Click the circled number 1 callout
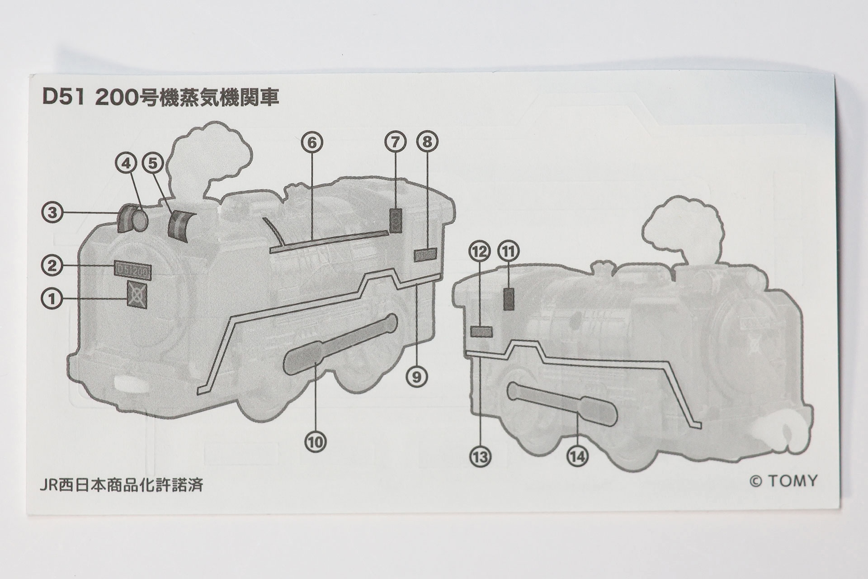(52, 299)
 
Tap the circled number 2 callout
(52, 266)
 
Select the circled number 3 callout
(52, 212)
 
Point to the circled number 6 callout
(312, 142)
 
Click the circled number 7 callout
(396, 142)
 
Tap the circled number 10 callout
(315, 441)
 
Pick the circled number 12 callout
(480, 251)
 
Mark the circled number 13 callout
(480, 457)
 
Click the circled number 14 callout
(578, 457)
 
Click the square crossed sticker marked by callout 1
(137, 294)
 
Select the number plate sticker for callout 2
(132, 270)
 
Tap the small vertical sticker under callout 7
(396, 221)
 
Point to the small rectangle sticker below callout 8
(425, 255)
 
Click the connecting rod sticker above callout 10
(340, 344)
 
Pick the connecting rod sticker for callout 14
(562, 404)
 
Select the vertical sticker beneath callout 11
(509, 299)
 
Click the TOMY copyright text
(783, 481)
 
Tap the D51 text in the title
(63, 97)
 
